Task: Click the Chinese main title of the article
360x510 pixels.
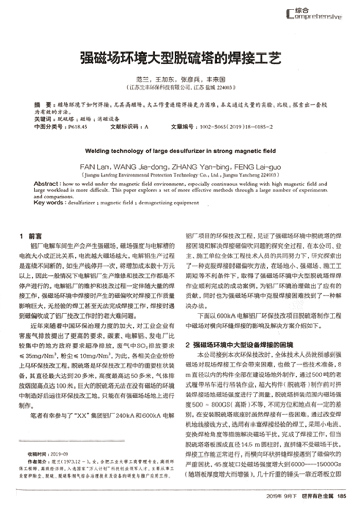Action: (x=180, y=57)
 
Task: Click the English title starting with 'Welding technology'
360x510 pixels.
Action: (x=180, y=152)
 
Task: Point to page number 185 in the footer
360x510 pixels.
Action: (x=340, y=496)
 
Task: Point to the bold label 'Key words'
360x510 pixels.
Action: (x=46, y=203)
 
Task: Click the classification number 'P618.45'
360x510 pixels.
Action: (x=79, y=126)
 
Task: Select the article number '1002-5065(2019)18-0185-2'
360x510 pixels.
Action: (x=239, y=126)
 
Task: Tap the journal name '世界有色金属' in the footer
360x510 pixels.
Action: (x=318, y=496)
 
